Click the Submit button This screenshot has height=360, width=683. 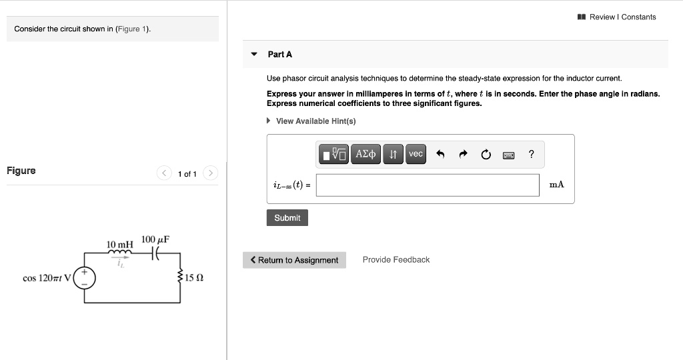click(x=287, y=218)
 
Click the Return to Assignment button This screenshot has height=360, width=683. click(x=294, y=260)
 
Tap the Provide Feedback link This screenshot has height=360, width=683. click(x=396, y=260)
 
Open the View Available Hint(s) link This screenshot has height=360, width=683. click(x=315, y=121)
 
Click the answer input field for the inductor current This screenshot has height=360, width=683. click(x=428, y=185)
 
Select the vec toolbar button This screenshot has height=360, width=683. click(x=416, y=155)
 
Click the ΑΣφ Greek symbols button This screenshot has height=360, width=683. click(x=367, y=155)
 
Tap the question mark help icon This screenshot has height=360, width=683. click(x=531, y=155)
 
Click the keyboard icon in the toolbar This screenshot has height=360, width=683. click(x=508, y=155)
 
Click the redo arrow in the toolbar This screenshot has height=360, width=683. click(x=463, y=155)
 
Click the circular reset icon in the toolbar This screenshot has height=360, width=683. click(x=486, y=155)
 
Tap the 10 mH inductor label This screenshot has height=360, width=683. click(x=120, y=245)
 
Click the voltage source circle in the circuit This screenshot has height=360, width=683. click(x=84, y=278)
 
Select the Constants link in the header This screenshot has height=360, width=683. click(x=638, y=17)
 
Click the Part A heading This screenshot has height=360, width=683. click(x=280, y=54)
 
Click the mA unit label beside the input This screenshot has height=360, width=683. click(x=556, y=185)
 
